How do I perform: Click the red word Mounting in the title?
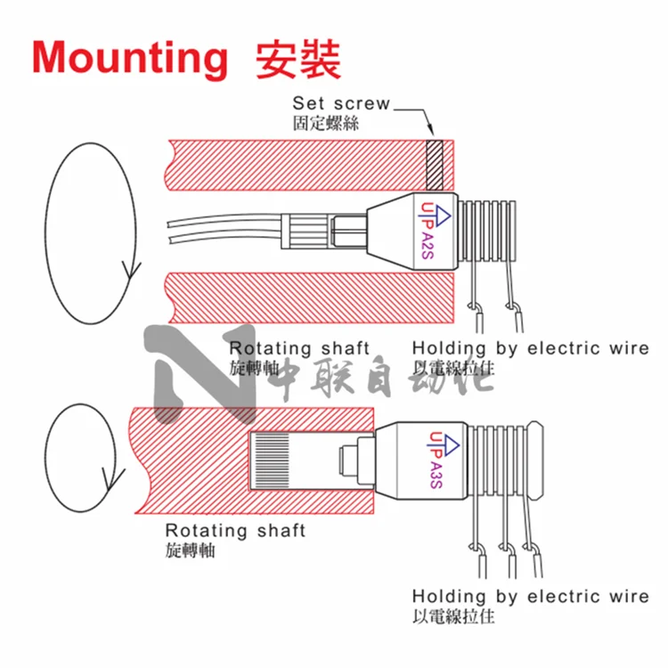[130, 59]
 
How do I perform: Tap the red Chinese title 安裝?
[298, 60]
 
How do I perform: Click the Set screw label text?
[341, 103]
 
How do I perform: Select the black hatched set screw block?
[435, 165]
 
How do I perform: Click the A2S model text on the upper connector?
[427, 246]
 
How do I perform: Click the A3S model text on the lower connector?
[436, 475]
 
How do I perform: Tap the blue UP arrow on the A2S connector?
[440, 216]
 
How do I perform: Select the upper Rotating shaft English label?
[299, 348]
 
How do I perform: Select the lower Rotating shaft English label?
[235, 531]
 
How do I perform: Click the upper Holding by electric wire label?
[531, 348]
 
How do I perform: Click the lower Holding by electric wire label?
[531, 597]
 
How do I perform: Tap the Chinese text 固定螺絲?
[326, 123]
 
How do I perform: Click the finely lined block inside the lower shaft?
[272, 460]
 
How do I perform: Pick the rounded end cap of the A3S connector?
[534, 460]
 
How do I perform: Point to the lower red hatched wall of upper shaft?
[310, 297]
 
